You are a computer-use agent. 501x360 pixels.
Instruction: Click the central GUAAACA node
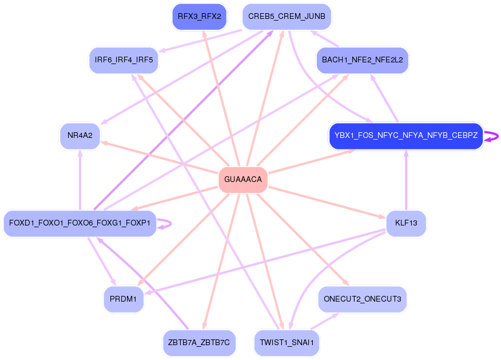point(243,180)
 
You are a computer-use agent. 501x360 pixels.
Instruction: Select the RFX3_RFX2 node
point(199,16)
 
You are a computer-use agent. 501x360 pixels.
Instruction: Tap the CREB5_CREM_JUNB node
point(287,16)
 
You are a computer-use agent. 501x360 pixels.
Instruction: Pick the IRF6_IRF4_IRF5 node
point(124,60)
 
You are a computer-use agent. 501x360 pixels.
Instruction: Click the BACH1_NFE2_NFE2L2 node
point(363,60)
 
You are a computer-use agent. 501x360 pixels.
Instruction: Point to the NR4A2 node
point(80,136)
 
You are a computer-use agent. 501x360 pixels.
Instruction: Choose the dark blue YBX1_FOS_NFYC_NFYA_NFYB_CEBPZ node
point(405,136)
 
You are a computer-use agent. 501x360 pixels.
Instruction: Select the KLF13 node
point(405,223)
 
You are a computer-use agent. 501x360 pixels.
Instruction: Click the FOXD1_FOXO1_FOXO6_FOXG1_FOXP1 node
point(80,223)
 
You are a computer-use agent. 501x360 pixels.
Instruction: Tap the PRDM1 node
point(124,299)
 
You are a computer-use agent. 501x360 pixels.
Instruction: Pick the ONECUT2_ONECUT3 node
point(363,299)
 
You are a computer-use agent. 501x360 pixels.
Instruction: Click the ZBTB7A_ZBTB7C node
point(199,342)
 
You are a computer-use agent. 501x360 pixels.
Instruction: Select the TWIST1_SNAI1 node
point(287,342)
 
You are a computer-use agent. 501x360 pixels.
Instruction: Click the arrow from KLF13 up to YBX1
point(405,180)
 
